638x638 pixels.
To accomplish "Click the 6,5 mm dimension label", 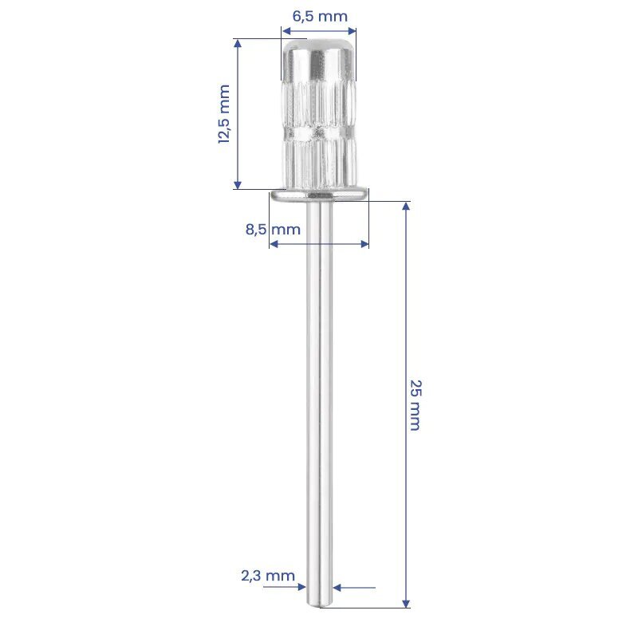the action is pyautogui.click(x=320, y=17).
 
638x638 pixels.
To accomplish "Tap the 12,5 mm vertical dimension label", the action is pyautogui.click(x=224, y=114).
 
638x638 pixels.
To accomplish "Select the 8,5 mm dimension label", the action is pyautogui.click(x=273, y=230).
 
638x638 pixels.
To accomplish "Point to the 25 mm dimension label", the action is pyautogui.click(x=415, y=405).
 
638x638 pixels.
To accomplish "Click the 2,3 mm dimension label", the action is pyautogui.click(x=268, y=576).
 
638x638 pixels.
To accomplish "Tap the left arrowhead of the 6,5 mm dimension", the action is pyautogui.click(x=286, y=31).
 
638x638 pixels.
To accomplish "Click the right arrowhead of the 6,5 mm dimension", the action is pyautogui.click(x=352, y=31).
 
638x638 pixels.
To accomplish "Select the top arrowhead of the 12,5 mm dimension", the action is pyautogui.click(x=238, y=44).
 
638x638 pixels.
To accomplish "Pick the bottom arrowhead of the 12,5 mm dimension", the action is pyautogui.click(x=238, y=184).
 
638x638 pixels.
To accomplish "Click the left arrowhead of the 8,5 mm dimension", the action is pyautogui.click(x=274, y=244).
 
